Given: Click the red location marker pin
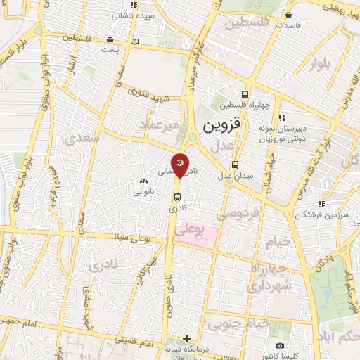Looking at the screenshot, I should (x=180, y=165).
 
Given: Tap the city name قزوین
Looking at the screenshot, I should (x=221, y=127).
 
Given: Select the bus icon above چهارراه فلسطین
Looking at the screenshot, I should (x=245, y=95).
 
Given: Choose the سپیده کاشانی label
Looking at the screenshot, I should (x=133, y=14).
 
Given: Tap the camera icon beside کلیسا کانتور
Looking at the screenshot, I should (x=281, y=345).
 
